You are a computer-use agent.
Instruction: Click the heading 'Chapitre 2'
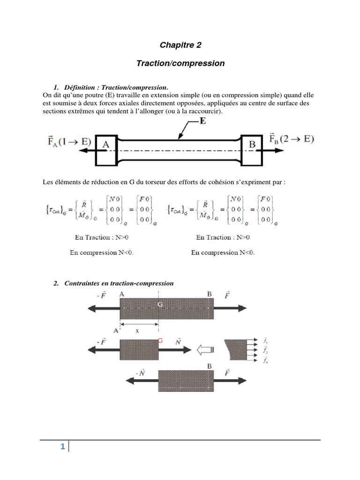180,45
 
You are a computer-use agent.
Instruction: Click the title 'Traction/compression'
180,63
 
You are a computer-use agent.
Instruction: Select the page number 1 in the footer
62,447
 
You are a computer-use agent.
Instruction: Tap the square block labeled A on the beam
106,145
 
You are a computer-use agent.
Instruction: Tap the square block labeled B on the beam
252,145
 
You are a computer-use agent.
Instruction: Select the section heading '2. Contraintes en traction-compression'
114,283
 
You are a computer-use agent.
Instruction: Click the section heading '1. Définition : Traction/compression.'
111,87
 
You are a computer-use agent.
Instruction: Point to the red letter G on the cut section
160,341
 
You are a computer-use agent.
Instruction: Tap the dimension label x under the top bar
137,330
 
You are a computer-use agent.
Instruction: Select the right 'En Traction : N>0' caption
223,238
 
